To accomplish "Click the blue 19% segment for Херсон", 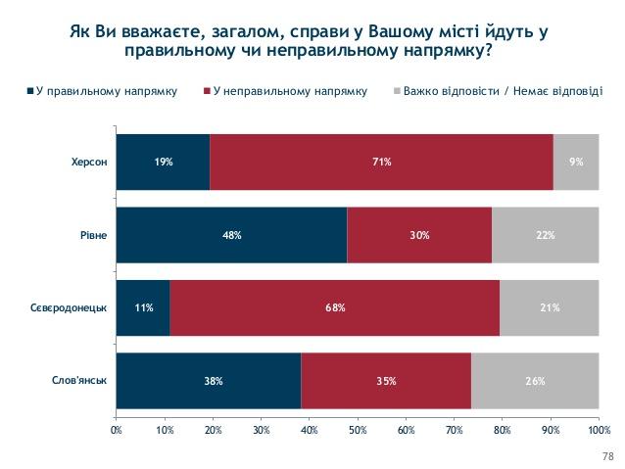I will (163, 162).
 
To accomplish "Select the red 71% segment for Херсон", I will (381, 162).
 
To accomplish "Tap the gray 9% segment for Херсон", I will (576, 162).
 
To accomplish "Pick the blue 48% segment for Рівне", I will (231, 235).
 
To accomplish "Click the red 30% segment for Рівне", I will (419, 235).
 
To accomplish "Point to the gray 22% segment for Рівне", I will (545, 235).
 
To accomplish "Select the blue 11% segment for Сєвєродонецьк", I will (142, 308).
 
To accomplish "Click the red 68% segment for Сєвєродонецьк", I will (334, 308).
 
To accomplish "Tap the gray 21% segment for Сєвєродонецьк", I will (549, 308).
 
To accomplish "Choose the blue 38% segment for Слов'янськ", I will (208, 381).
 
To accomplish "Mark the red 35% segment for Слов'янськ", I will (386, 381).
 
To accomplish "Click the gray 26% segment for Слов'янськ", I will (535, 381).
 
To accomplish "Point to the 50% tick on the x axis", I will (358, 429).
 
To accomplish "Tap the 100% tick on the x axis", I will (598, 429).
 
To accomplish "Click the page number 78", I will (606, 456).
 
